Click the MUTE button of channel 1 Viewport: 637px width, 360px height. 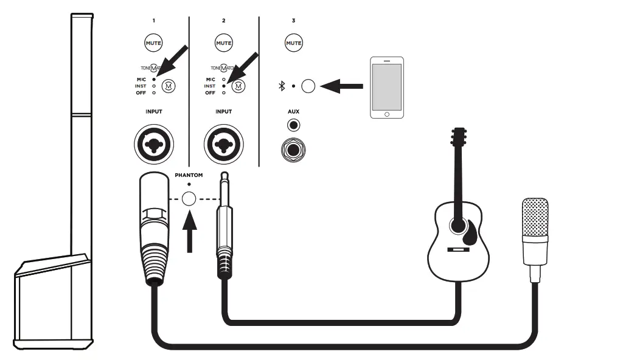(x=153, y=43)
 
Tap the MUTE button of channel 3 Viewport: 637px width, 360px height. (x=294, y=43)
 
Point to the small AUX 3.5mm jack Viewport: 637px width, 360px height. (x=294, y=126)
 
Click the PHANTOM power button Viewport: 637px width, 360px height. (x=189, y=198)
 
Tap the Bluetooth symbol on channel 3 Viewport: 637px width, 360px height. (x=282, y=86)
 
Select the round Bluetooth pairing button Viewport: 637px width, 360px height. (x=308, y=86)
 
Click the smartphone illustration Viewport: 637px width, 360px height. (x=387, y=88)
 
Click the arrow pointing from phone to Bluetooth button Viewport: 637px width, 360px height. (x=341, y=87)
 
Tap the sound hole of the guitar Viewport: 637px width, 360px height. (x=459, y=225)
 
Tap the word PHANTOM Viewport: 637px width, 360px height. (x=189, y=175)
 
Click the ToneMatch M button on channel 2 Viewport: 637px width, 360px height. (x=239, y=86)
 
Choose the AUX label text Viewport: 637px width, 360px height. (x=294, y=112)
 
